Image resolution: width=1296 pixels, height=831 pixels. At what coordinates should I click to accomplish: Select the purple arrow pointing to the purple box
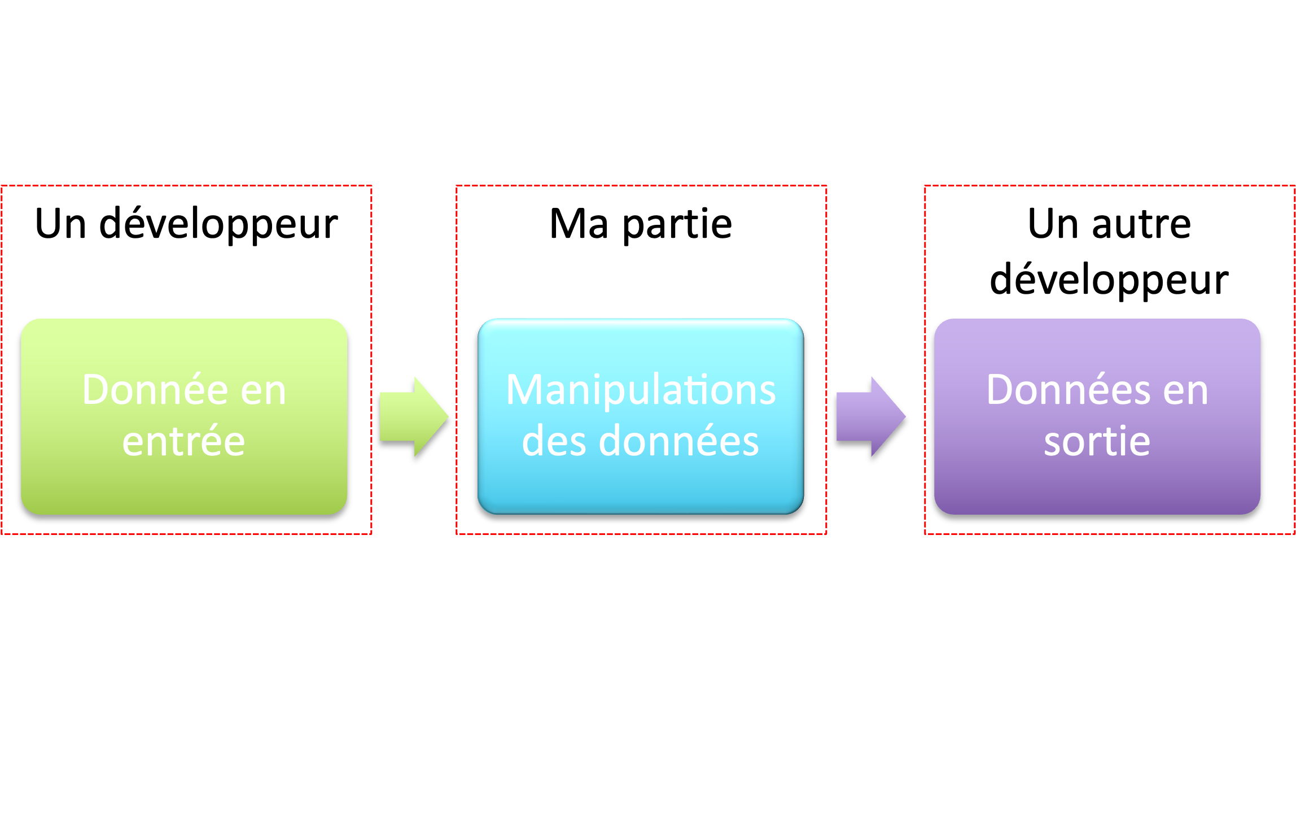click(871, 417)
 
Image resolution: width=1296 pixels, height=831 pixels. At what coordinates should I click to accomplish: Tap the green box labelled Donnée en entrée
click(184, 416)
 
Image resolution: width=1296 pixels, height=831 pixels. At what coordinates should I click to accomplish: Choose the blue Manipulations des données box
click(641, 416)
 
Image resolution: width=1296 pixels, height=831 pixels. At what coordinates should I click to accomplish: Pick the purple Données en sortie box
click(1097, 416)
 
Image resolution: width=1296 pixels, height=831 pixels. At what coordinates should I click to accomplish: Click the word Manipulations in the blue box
click(641, 391)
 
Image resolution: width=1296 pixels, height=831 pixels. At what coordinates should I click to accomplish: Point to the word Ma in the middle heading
click(579, 224)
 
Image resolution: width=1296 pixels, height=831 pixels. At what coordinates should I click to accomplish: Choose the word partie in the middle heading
click(677, 225)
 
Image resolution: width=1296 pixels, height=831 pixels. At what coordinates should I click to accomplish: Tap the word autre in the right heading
click(1142, 224)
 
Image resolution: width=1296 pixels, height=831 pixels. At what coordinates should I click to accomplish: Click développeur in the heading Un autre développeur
click(1109, 280)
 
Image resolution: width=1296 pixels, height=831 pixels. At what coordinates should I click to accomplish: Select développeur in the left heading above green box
click(218, 224)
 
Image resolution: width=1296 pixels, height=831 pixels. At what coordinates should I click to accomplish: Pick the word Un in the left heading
click(60, 224)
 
